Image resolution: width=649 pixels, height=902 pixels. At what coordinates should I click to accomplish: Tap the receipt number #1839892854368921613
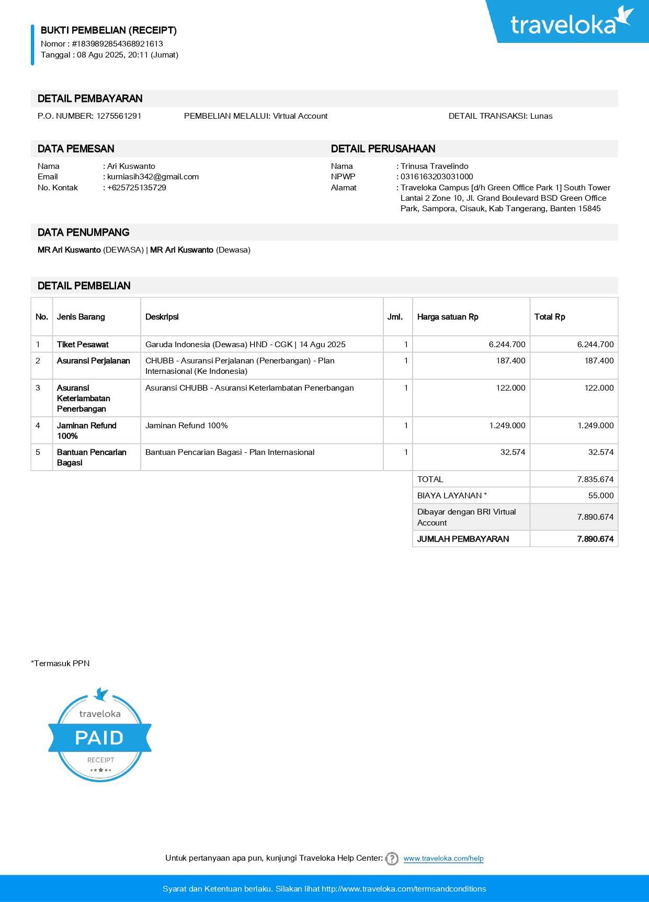[x=117, y=44]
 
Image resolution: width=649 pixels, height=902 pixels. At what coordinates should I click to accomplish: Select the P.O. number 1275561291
[x=119, y=116]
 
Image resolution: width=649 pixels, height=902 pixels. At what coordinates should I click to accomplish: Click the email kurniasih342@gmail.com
[x=153, y=177]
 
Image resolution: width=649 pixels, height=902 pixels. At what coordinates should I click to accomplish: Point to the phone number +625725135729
[x=136, y=188]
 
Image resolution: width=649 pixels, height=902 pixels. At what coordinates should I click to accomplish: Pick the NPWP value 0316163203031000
[x=437, y=177]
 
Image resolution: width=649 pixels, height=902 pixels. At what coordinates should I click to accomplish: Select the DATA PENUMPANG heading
[x=84, y=233]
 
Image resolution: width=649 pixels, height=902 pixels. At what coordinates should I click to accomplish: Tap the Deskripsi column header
[x=162, y=317]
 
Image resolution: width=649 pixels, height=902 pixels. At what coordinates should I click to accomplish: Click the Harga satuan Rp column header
[x=448, y=317]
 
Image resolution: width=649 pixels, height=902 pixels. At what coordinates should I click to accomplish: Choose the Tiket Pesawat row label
[x=83, y=345]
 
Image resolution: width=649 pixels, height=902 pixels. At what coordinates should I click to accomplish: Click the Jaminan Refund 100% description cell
[x=187, y=426]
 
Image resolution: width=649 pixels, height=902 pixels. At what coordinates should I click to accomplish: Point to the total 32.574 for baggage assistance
[x=600, y=452]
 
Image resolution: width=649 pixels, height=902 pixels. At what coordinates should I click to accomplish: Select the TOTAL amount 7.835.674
[x=595, y=479]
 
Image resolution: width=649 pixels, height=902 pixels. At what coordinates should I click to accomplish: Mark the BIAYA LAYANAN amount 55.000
[x=600, y=496]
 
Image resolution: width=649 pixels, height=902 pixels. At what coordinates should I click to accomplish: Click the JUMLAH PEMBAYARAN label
[x=463, y=539]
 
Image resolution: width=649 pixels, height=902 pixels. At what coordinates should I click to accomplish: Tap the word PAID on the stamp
[x=99, y=738]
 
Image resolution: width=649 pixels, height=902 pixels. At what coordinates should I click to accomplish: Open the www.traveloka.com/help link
[x=443, y=859]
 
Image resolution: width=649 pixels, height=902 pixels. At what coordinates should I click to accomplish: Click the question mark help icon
[x=392, y=859]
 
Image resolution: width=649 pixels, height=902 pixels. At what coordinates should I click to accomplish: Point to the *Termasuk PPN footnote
[x=61, y=664]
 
